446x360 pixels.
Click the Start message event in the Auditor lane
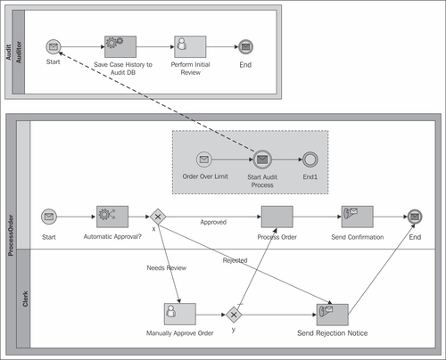(x=54, y=47)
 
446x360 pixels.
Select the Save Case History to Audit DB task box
(x=120, y=47)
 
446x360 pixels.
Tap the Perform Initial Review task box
(x=190, y=47)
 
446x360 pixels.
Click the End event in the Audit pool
(x=245, y=47)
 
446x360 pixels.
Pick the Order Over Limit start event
(x=204, y=160)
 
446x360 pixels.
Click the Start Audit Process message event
(x=262, y=160)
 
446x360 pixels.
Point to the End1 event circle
(x=310, y=160)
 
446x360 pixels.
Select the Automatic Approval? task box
(x=112, y=217)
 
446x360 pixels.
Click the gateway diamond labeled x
(x=158, y=217)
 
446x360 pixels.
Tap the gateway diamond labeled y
(x=234, y=315)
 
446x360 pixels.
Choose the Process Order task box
(x=277, y=217)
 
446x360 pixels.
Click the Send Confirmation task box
(x=357, y=217)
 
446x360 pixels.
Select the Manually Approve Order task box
(x=180, y=314)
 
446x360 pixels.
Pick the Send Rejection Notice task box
(x=333, y=315)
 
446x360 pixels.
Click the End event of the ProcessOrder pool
(x=415, y=217)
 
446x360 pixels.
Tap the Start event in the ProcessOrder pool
(x=49, y=217)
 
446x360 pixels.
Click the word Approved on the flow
(x=213, y=222)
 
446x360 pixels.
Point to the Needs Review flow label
(x=167, y=268)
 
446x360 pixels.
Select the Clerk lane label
(x=25, y=299)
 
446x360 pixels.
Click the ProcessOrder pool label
(x=11, y=235)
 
